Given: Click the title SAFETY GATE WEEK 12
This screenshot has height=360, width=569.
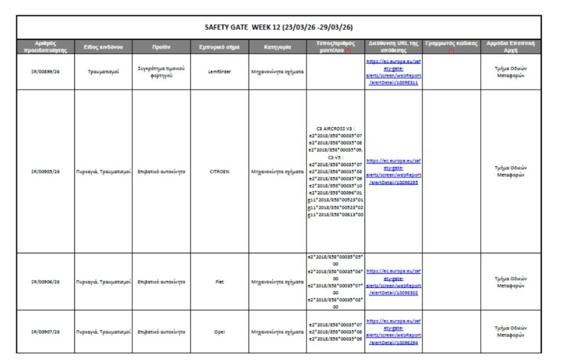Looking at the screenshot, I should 279,27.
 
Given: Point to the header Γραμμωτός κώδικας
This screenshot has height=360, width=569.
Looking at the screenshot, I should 451,44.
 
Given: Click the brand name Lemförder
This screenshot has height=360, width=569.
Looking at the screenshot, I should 219,72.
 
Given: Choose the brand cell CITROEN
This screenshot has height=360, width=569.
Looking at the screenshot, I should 219,172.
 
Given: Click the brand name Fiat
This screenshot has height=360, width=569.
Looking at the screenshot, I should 219,282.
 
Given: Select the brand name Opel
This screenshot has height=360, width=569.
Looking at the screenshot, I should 219,332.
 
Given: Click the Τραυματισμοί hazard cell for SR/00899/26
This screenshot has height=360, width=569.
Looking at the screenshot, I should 103,72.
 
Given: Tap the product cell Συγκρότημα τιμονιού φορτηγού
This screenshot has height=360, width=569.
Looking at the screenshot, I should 161,72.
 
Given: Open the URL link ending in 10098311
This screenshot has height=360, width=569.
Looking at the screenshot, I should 393,72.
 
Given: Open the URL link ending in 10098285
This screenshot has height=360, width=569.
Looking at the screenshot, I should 393,172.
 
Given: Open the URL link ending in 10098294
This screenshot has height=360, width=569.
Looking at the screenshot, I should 393,332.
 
